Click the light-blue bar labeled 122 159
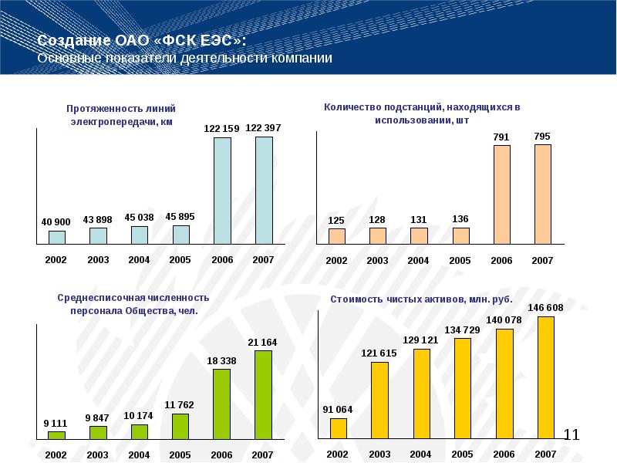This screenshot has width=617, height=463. [223, 191]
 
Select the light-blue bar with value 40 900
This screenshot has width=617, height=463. [57, 237]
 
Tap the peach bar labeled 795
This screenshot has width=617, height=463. [542, 194]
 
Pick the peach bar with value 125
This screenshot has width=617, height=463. [336, 236]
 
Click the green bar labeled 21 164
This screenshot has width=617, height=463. [262, 395]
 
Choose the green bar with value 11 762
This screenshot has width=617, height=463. [180, 427]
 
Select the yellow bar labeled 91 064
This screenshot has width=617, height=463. [338, 428]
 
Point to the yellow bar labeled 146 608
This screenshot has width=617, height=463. [545, 378]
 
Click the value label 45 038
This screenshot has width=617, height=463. [139, 217]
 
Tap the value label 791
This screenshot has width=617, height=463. [501, 138]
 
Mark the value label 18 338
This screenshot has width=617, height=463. [221, 360]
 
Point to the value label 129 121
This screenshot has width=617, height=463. [421, 340]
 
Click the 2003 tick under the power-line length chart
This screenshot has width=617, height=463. [98, 260]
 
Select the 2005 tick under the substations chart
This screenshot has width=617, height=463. [460, 261]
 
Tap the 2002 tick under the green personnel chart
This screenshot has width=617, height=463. [56, 455]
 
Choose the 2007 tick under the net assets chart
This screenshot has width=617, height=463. [545, 454]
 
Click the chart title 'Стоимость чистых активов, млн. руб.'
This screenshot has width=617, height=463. [421, 299]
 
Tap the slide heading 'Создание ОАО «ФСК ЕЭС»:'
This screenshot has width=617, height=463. [143, 41]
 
